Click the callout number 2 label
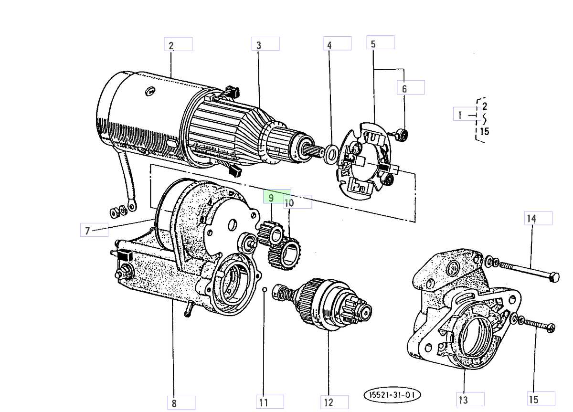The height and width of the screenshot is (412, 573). pos(178,44)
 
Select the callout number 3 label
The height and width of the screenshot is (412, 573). pos(265,44)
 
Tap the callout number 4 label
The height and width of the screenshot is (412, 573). pos(337,44)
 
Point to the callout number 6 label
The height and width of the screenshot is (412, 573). pos(410,87)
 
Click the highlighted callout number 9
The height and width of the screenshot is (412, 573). pos(277,197)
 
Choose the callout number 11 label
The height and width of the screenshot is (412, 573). pos(269,402)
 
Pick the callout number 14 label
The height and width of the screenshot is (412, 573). pos(539,218)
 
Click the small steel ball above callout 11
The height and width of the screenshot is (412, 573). pos(264,288)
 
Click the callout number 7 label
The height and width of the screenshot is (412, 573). pos(94,231)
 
